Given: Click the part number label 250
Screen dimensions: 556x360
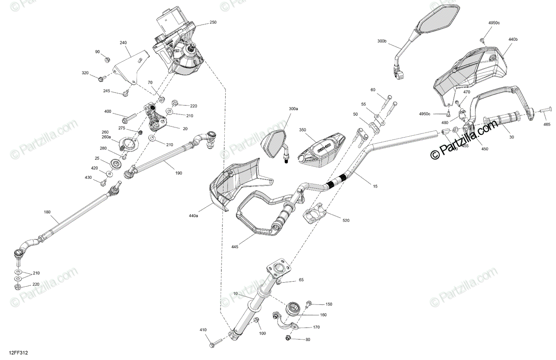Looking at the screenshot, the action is (x=213, y=22).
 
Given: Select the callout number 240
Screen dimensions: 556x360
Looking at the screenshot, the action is (x=123, y=43).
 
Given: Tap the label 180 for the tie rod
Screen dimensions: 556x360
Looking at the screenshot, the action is (x=47, y=212).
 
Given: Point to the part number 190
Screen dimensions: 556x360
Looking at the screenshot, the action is (x=178, y=173).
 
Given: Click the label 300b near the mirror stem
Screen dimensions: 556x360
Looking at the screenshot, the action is (x=382, y=41).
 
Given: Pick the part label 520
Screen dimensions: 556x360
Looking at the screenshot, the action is (x=347, y=221).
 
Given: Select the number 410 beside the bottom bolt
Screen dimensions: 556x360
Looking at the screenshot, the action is (x=203, y=330).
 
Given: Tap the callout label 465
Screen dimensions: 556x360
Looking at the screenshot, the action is (x=547, y=125).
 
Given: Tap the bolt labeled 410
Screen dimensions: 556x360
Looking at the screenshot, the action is (x=217, y=343).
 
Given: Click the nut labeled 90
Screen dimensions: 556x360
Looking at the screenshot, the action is (x=106, y=59).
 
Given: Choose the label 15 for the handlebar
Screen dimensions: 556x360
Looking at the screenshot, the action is (x=375, y=186).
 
